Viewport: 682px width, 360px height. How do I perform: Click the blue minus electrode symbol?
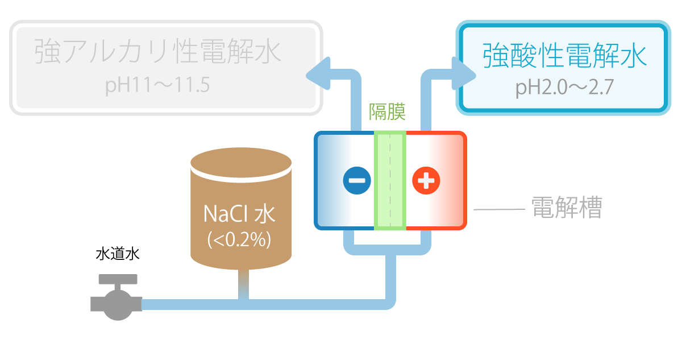point(357,180)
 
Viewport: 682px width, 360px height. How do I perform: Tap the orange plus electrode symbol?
point(426,180)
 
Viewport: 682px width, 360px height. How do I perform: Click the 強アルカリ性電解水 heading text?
point(158,52)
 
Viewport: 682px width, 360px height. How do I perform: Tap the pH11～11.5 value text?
point(158,85)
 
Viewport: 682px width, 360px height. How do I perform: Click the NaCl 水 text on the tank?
point(239,214)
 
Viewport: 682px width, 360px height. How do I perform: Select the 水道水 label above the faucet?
point(117,254)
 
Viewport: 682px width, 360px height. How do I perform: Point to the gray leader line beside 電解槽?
point(498,209)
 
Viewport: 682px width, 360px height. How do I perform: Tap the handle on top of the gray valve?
point(118,279)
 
